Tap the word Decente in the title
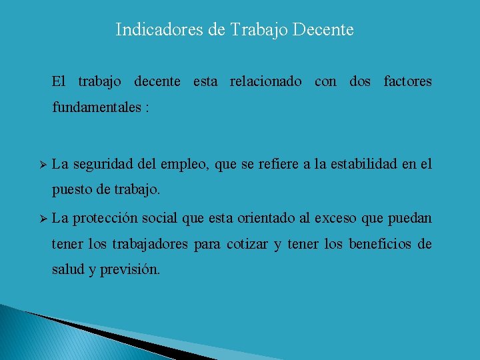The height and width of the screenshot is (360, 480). tap(325, 30)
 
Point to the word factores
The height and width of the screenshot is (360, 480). tap(407, 82)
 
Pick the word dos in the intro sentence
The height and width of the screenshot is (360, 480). tap(360, 82)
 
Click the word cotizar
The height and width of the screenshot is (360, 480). tap(247, 245)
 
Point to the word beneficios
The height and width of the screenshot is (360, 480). tap(379, 245)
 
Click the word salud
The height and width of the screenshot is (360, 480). tap(67, 271)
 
